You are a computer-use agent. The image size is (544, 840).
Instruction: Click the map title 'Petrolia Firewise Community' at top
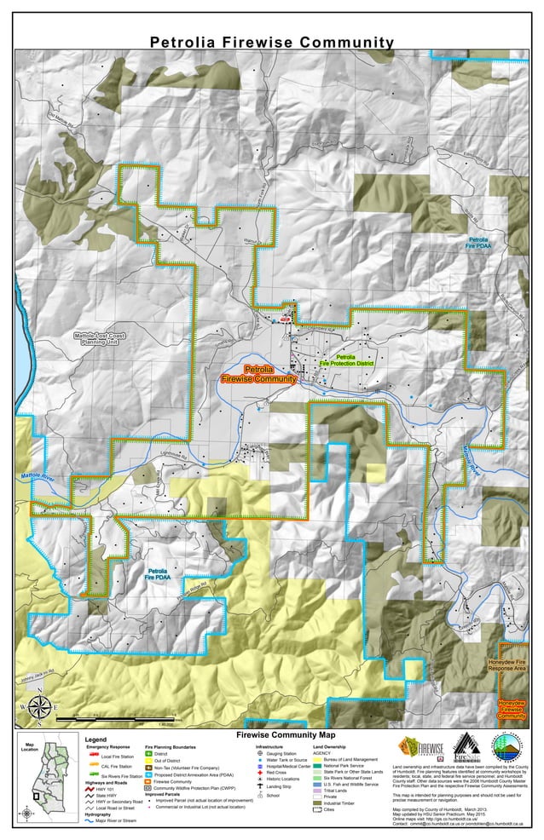(x=272, y=43)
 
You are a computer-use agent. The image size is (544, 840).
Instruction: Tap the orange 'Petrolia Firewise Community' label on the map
(x=258, y=374)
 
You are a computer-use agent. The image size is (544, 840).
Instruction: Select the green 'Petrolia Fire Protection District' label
(x=346, y=360)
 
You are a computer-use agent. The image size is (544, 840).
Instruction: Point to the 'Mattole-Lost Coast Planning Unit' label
(x=99, y=338)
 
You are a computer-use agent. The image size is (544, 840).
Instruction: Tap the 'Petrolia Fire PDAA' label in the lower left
(x=157, y=574)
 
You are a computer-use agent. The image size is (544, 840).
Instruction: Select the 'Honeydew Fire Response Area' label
(x=506, y=665)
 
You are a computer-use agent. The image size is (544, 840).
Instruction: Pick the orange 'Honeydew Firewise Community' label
(x=511, y=709)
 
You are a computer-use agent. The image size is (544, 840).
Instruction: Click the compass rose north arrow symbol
(x=38, y=707)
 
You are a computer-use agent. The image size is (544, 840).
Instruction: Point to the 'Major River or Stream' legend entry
(x=116, y=821)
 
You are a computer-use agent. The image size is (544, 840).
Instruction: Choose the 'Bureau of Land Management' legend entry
(x=350, y=759)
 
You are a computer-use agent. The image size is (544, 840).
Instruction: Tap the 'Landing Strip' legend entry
(x=279, y=786)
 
